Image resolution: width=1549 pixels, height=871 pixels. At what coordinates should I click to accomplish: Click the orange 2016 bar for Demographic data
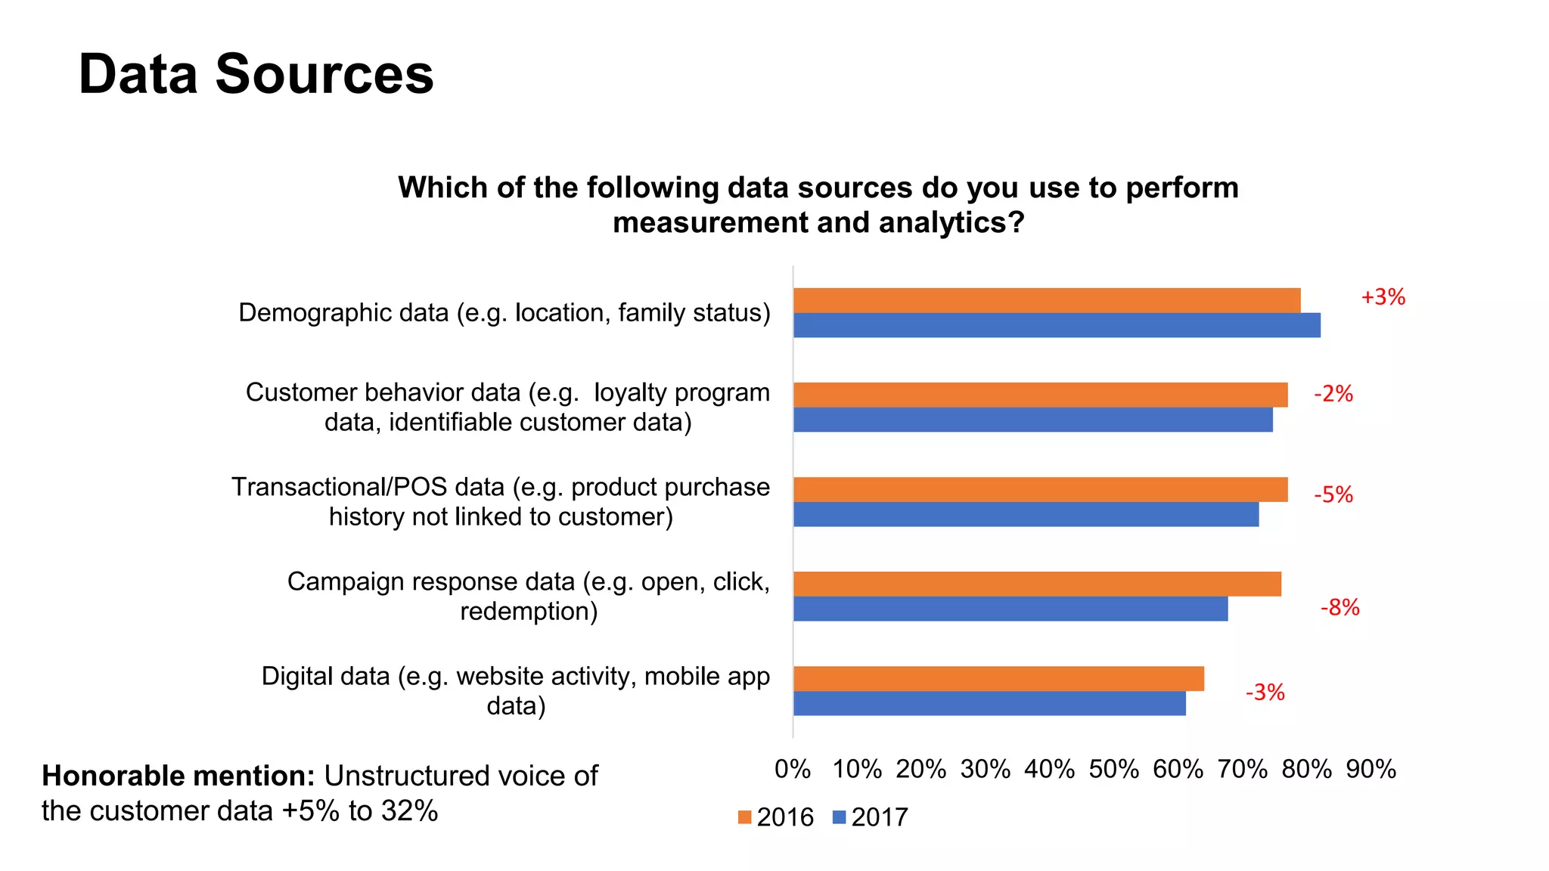coord(1047,300)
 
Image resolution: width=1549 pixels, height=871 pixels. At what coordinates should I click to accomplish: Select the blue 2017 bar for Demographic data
coord(1057,325)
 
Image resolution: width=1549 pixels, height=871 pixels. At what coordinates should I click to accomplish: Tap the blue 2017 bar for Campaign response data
coord(1010,609)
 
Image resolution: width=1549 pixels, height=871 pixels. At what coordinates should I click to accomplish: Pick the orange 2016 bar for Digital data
coord(998,678)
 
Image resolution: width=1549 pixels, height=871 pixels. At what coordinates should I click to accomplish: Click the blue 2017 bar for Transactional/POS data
coord(1026,514)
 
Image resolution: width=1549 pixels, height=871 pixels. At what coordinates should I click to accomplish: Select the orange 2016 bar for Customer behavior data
coord(1040,395)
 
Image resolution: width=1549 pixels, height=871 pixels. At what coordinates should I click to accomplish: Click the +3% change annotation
coord(1383,297)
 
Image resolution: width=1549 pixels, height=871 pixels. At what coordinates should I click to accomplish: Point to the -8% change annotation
coord(1339,607)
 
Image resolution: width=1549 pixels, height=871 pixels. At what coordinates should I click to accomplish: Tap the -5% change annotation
coord(1333,494)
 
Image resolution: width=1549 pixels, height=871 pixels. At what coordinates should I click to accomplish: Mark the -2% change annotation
coord(1333,393)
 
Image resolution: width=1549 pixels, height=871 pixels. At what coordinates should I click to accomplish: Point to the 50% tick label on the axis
coord(1113,770)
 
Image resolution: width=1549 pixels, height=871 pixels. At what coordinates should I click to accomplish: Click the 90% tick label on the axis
coord(1371,770)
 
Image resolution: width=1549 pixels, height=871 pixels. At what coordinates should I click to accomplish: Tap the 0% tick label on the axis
coord(793,770)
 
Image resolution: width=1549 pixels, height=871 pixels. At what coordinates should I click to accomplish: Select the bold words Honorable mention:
coord(178,776)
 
